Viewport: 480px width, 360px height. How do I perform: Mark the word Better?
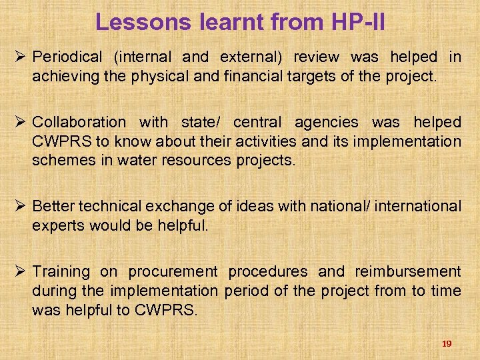coord(53,207)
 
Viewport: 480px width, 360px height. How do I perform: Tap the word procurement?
coord(173,271)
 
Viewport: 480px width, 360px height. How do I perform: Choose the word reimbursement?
coord(407,271)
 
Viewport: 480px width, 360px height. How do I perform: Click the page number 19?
coord(447,343)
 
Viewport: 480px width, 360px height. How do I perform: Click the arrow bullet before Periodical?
coord(21,57)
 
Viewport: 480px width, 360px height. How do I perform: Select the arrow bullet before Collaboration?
coord(21,122)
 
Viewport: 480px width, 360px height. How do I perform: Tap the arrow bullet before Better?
coord(21,207)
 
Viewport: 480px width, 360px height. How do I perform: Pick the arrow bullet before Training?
coord(21,271)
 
